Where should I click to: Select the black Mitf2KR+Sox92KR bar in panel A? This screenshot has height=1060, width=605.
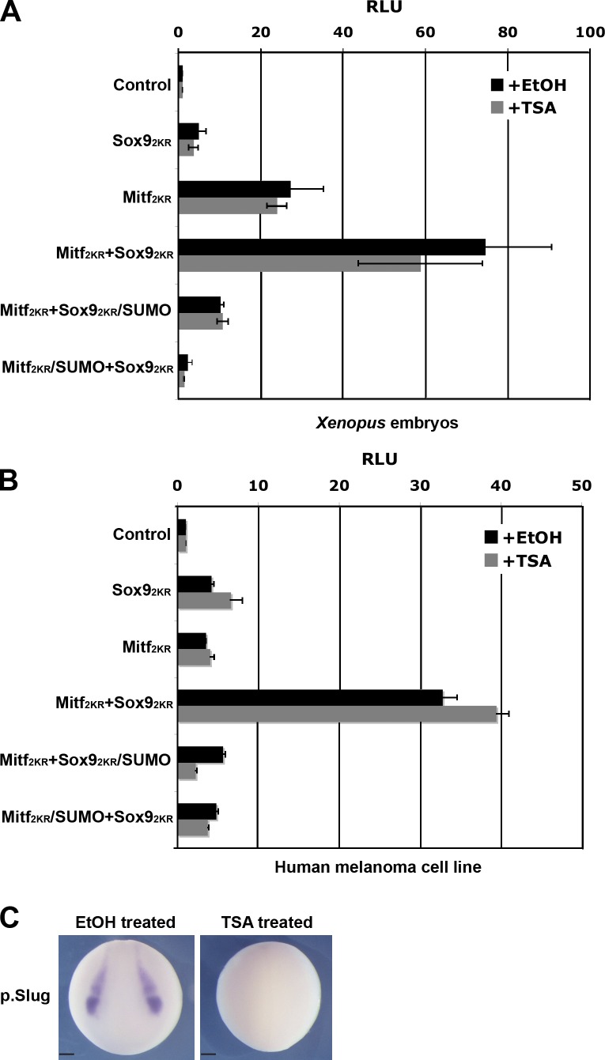[331, 247]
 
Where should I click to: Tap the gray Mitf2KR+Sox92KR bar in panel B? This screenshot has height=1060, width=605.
[337, 714]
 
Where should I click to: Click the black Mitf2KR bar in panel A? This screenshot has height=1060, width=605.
[234, 190]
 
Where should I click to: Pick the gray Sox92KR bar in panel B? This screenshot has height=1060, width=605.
[204, 600]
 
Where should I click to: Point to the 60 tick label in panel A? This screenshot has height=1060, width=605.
[425, 32]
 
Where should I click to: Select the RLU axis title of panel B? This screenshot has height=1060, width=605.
[380, 458]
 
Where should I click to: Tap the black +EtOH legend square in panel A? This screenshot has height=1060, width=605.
[497, 85]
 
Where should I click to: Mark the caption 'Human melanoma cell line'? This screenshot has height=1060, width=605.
[378, 866]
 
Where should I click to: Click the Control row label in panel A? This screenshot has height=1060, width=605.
[142, 85]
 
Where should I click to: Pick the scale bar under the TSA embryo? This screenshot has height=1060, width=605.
[210, 1053]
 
